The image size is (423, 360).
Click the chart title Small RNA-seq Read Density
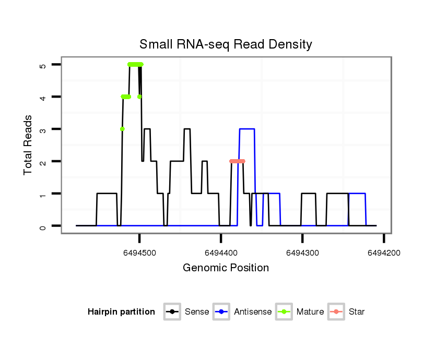pyautogui.click(x=226, y=44)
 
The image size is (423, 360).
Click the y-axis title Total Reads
pyautogui.click(x=29, y=145)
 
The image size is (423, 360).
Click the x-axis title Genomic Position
pyautogui.click(x=226, y=268)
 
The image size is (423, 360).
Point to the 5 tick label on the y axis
pyautogui.click(x=42, y=65)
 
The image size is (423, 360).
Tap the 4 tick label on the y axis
pyautogui.click(x=42, y=97)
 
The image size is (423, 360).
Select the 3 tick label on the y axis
pyautogui.click(x=42, y=129)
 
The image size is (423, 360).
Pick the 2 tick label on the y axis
pyautogui.click(x=42, y=162)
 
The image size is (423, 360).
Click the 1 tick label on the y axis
pyautogui.click(x=42, y=194)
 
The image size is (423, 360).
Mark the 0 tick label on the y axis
pyautogui.click(x=42, y=226)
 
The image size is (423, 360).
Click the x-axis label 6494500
pyautogui.click(x=139, y=253)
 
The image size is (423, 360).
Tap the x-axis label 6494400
pyautogui.click(x=221, y=253)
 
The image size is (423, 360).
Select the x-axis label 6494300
pyautogui.click(x=302, y=253)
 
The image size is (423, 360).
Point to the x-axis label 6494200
pyautogui.click(x=384, y=253)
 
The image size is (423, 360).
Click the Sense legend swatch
pyautogui.click(x=173, y=312)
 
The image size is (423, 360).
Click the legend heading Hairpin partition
pyautogui.click(x=121, y=312)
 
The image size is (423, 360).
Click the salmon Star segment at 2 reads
pyautogui.click(x=237, y=161)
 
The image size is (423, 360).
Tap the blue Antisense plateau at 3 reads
pyautogui.click(x=247, y=129)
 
